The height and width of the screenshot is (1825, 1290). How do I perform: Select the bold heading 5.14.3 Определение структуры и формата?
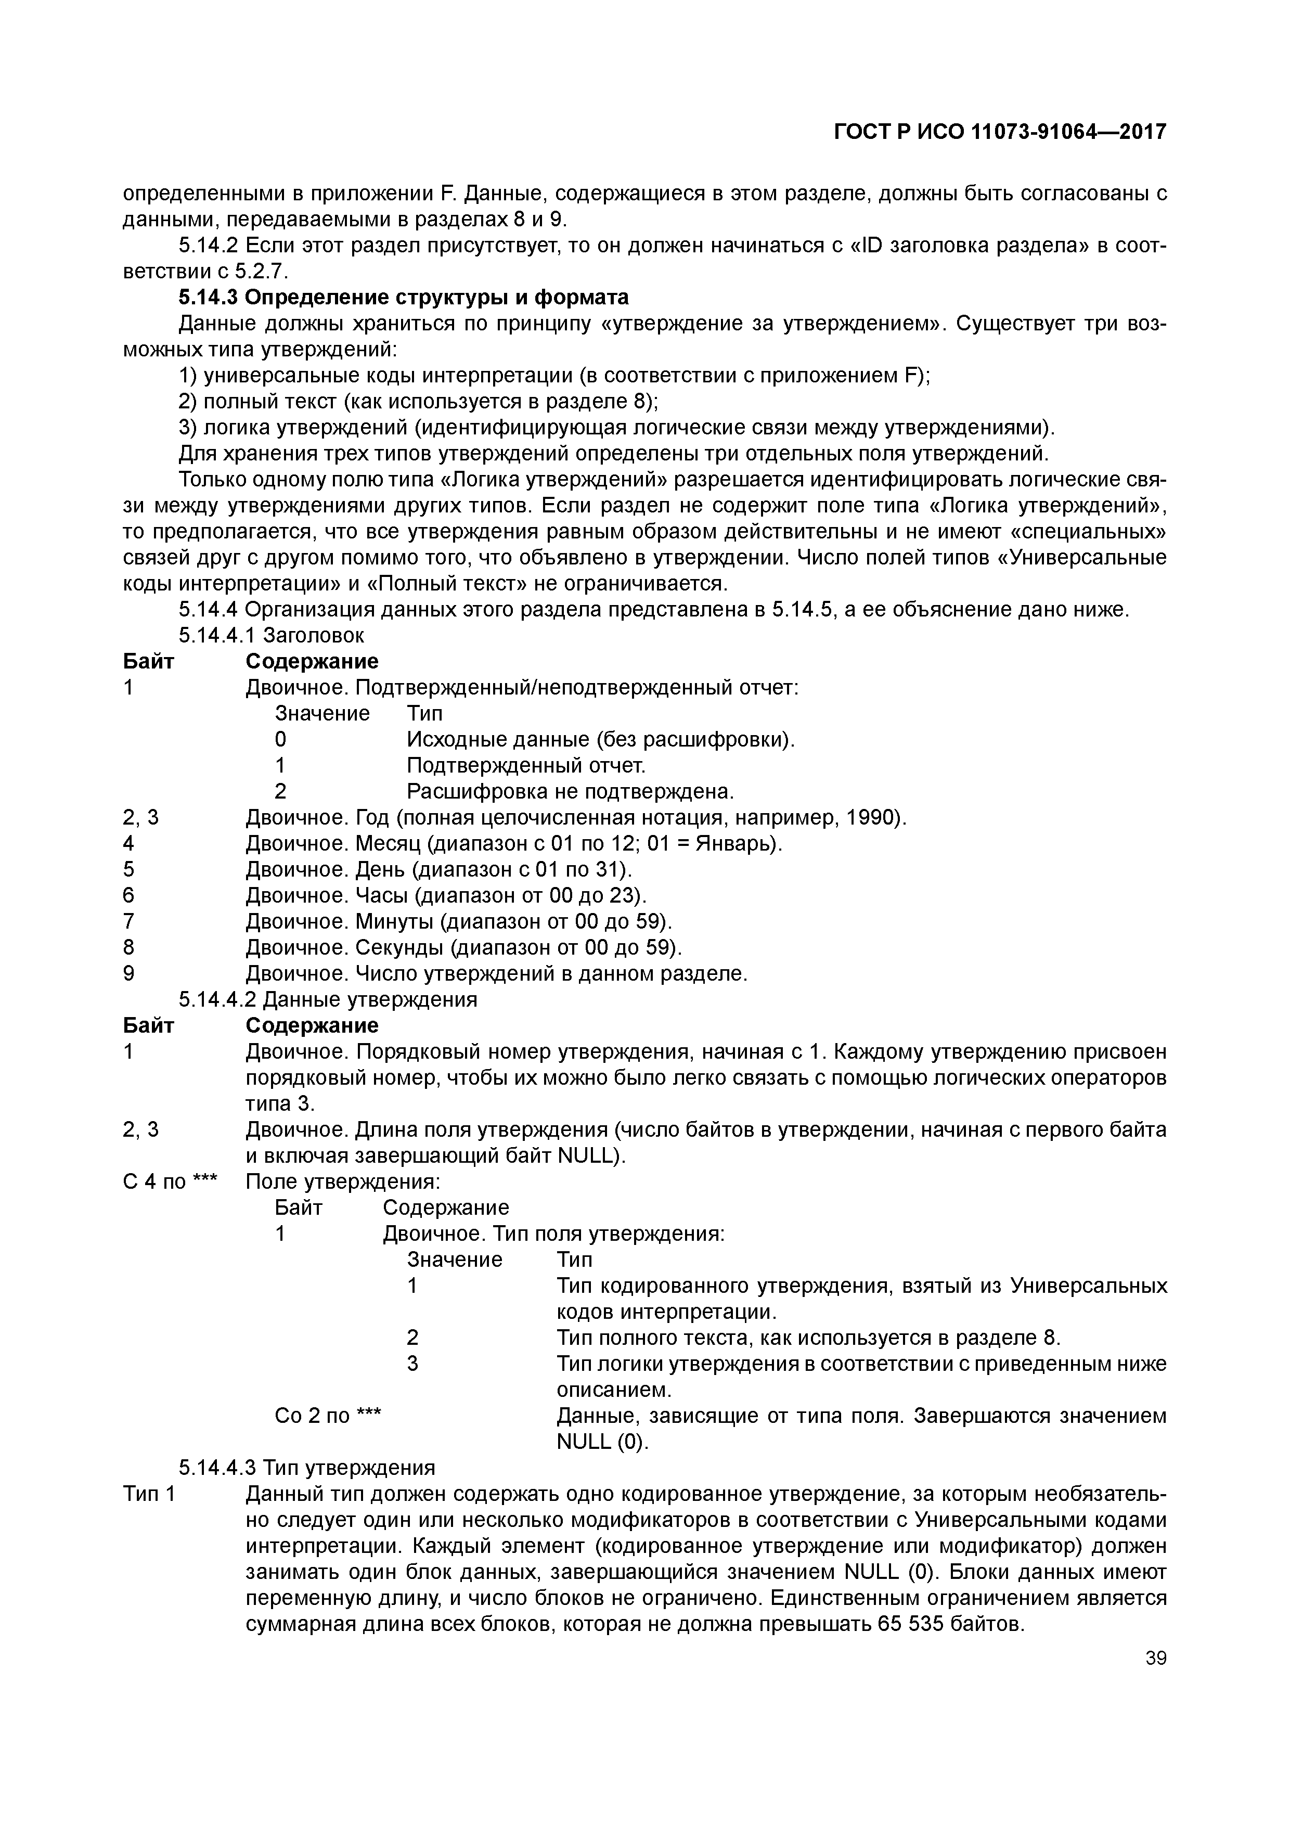click(x=403, y=297)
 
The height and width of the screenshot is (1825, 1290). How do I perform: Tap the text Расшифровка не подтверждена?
click(x=571, y=792)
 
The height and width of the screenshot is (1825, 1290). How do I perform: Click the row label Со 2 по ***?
click(x=328, y=1416)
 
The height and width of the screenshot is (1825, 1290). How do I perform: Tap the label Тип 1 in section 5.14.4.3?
click(x=149, y=1494)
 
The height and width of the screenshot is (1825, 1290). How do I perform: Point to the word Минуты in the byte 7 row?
click(x=394, y=921)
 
